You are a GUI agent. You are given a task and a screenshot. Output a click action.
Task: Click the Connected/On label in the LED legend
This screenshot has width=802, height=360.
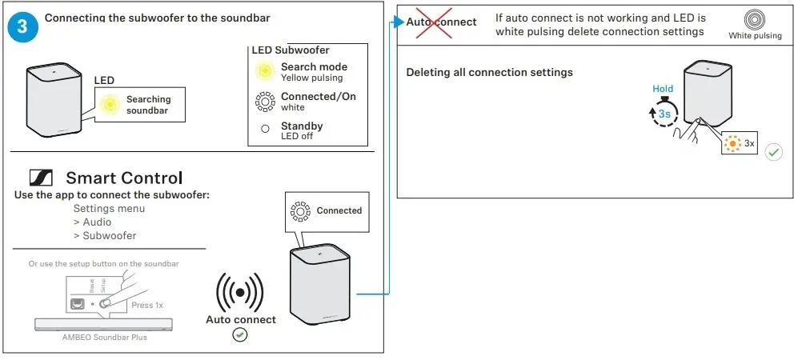(318, 97)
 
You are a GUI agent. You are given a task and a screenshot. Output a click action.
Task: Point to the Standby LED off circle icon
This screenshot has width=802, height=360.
(264, 130)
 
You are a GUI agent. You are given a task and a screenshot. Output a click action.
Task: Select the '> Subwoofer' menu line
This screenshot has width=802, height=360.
(104, 235)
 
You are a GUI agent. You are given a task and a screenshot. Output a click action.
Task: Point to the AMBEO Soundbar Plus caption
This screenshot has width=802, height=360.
(104, 337)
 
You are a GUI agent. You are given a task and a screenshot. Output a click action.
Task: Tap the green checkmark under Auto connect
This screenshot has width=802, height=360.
(239, 335)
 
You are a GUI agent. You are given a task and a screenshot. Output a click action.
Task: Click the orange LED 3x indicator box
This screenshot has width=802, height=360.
(739, 144)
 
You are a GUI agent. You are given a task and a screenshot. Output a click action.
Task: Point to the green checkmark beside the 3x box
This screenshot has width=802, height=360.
(773, 152)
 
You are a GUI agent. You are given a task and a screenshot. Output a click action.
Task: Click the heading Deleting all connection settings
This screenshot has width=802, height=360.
(489, 73)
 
